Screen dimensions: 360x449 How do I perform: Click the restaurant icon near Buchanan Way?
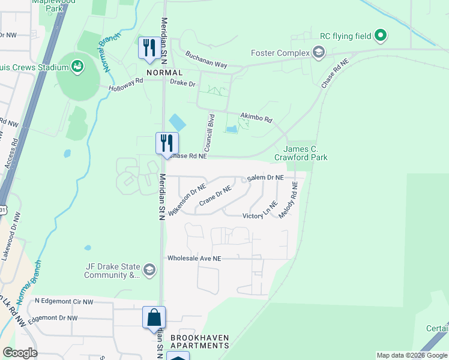pyautogui.click(x=148, y=47)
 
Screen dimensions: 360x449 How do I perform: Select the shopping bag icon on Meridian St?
pyautogui.click(x=154, y=317)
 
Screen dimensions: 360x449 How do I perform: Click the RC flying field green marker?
pyautogui.click(x=380, y=36)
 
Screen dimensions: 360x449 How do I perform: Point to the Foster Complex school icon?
pyautogui.click(x=318, y=53)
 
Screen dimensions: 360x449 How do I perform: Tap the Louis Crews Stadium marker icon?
pyautogui.click(x=77, y=66)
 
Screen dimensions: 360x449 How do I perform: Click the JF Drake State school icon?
pyautogui.click(x=149, y=271)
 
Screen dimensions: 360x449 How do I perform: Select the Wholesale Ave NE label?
pyautogui.click(x=194, y=258)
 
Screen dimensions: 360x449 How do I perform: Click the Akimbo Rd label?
pyautogui.click(x=256, y=118)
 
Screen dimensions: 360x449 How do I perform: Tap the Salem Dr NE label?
pyautogui.click(x=265, y=178)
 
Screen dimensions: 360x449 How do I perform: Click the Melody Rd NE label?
pyautogui.click(x=287, y=200)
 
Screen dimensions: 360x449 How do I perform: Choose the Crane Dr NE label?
pyautogui.click(x=215, y=196)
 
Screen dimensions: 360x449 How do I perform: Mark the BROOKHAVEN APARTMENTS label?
pyautogui.click(x=199, y=342)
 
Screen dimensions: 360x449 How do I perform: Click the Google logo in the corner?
pyautogui.click(x=20, y=352)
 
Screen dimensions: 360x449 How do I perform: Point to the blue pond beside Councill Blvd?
pyautogui.click(x=177, y=122)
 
